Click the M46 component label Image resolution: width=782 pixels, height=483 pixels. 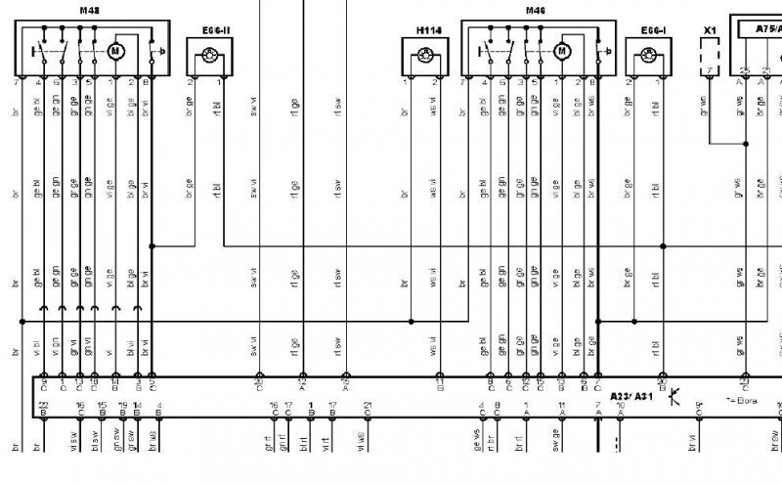[535, 11]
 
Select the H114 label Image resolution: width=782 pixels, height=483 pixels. [427, 30]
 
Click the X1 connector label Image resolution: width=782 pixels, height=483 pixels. [711, 30]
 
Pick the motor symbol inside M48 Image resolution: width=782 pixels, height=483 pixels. [115, 49]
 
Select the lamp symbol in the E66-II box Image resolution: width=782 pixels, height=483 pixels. [205, 58]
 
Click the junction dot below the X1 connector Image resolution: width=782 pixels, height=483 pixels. [745, 144]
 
